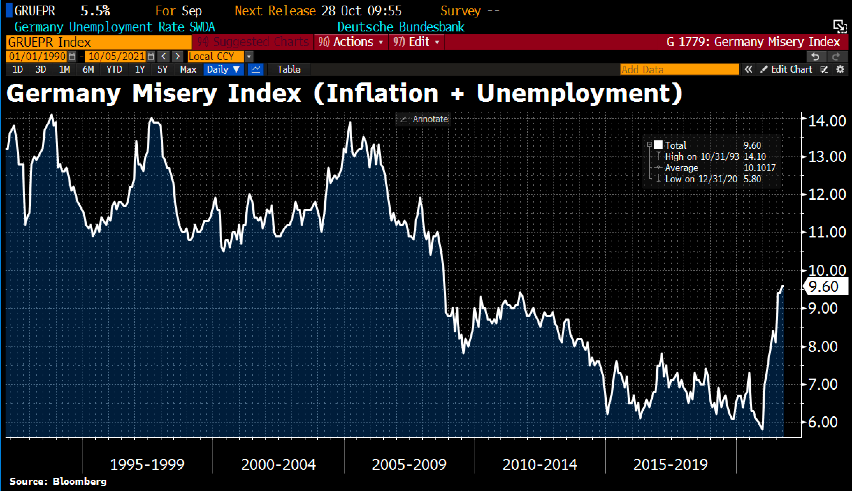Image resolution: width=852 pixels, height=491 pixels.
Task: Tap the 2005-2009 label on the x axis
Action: pos(409,464)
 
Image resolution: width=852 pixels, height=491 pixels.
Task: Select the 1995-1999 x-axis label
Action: pos(147,464)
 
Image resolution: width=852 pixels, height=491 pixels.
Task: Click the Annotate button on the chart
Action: pos(424,119)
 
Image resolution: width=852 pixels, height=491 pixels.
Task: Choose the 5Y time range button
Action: pos(163,69)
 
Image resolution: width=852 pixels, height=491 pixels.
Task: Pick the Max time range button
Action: pos(188,69)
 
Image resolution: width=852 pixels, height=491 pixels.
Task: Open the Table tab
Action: pos(289,69)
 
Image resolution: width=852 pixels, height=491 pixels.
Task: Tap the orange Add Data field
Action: pos(679,69)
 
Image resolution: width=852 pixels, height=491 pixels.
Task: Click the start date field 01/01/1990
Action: pos(37,56)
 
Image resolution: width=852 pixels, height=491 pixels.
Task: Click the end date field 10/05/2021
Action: pos(117,56)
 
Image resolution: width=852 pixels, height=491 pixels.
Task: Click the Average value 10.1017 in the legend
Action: pos(759,168)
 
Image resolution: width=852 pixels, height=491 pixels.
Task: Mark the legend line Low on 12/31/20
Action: pos(701,179)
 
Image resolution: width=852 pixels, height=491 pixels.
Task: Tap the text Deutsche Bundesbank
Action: pos(401,27)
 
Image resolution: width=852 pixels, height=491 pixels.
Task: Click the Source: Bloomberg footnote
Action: pos(58,482)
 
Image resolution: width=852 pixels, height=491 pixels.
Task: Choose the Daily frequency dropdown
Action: pos(223,69)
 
